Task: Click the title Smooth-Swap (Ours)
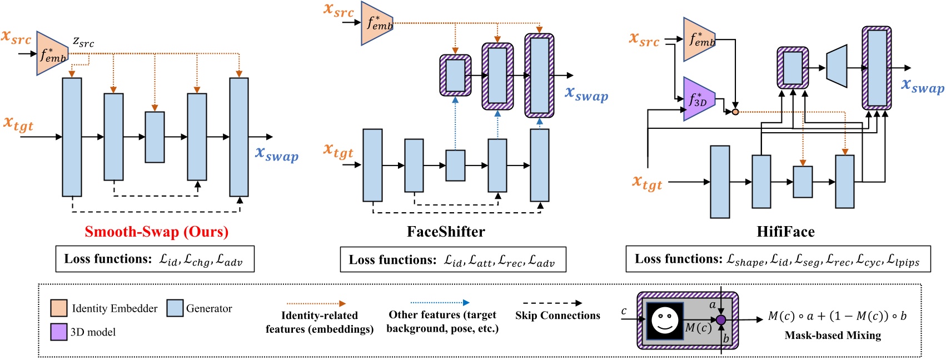tap(156, 232)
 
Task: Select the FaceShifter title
tap(446, 232)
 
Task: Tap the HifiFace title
tap(785, 232)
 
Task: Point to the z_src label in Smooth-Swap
tap(83, 42)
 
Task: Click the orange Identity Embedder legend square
tap(59, 308)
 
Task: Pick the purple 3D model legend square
tap(59, 332)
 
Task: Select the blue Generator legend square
tap(175, 308)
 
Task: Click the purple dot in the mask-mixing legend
tap(721, 320)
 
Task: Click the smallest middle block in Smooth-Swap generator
tap(155, 137)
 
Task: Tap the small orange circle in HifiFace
tap(735, 112)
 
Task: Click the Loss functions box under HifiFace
tap(778, 259)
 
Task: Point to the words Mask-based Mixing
tap(832, 335)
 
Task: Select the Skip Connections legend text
tap(557, 316)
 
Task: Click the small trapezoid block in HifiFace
tap(837, 68)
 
